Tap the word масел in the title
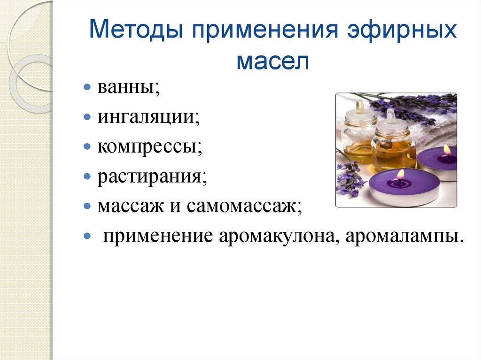pyautogui.click(x=273, y=61)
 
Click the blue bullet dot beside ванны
pyautogui.click(x=87, y=87)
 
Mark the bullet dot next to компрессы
pyautogui.click(x=87, y=147)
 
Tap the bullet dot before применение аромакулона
pyautogui.click(x=87, y=236)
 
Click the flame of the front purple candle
pyautogui.click(x=400, y=174)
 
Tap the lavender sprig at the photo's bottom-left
pyautogui.click(x=349, y=179)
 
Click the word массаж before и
pyautogui.click(x=131, y=207)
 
